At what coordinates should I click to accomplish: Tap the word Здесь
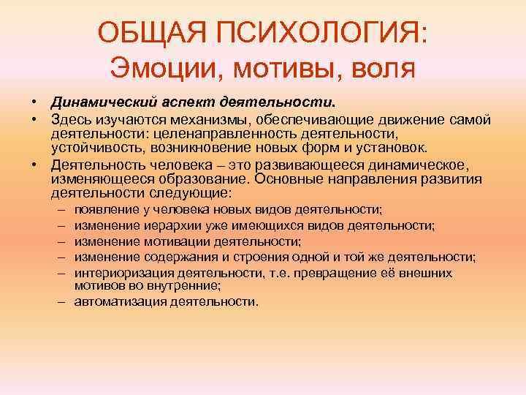click(x=70, y=120)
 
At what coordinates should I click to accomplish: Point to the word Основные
click(x=310, y=179)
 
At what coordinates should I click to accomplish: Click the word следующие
click(x=192, y=193)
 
